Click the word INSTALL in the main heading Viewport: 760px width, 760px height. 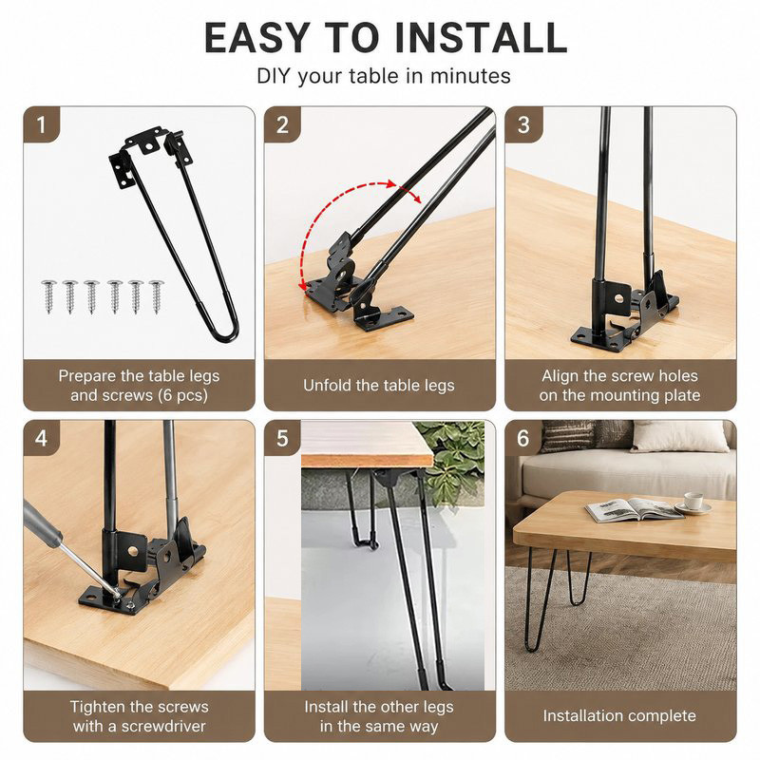click(481, 38)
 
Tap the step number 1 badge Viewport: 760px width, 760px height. click(41, 124)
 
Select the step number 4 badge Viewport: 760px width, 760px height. click(41, 438)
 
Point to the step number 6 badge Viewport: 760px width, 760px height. click(523, 438)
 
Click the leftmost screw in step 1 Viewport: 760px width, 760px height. click(49, 296)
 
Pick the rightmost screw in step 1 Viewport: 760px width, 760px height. click(156, 296)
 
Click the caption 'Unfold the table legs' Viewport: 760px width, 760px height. click(379, 386)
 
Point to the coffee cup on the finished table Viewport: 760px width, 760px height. click(693, 502)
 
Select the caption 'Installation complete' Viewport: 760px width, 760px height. click(619, 716)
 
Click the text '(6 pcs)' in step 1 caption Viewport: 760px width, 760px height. click(183, 395)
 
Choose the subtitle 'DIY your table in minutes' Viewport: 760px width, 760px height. click(384, 76)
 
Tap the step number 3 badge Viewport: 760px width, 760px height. click(523, 124)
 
